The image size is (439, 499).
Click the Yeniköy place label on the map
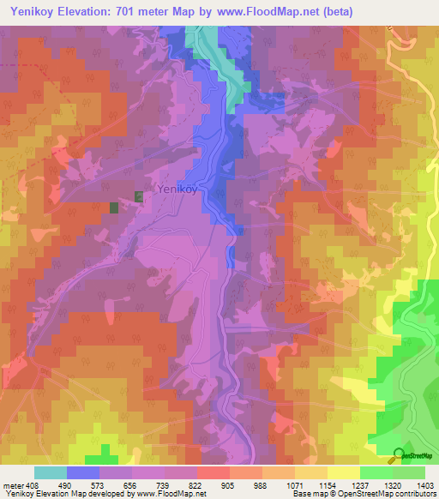177,189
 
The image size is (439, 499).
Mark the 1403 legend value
425,484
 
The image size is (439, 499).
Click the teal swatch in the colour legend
51,472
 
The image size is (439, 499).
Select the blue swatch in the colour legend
83,472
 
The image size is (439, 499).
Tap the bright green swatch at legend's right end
409,472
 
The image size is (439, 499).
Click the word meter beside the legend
14,484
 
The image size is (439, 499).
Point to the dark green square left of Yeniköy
114,207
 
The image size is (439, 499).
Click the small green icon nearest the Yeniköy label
140,197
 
